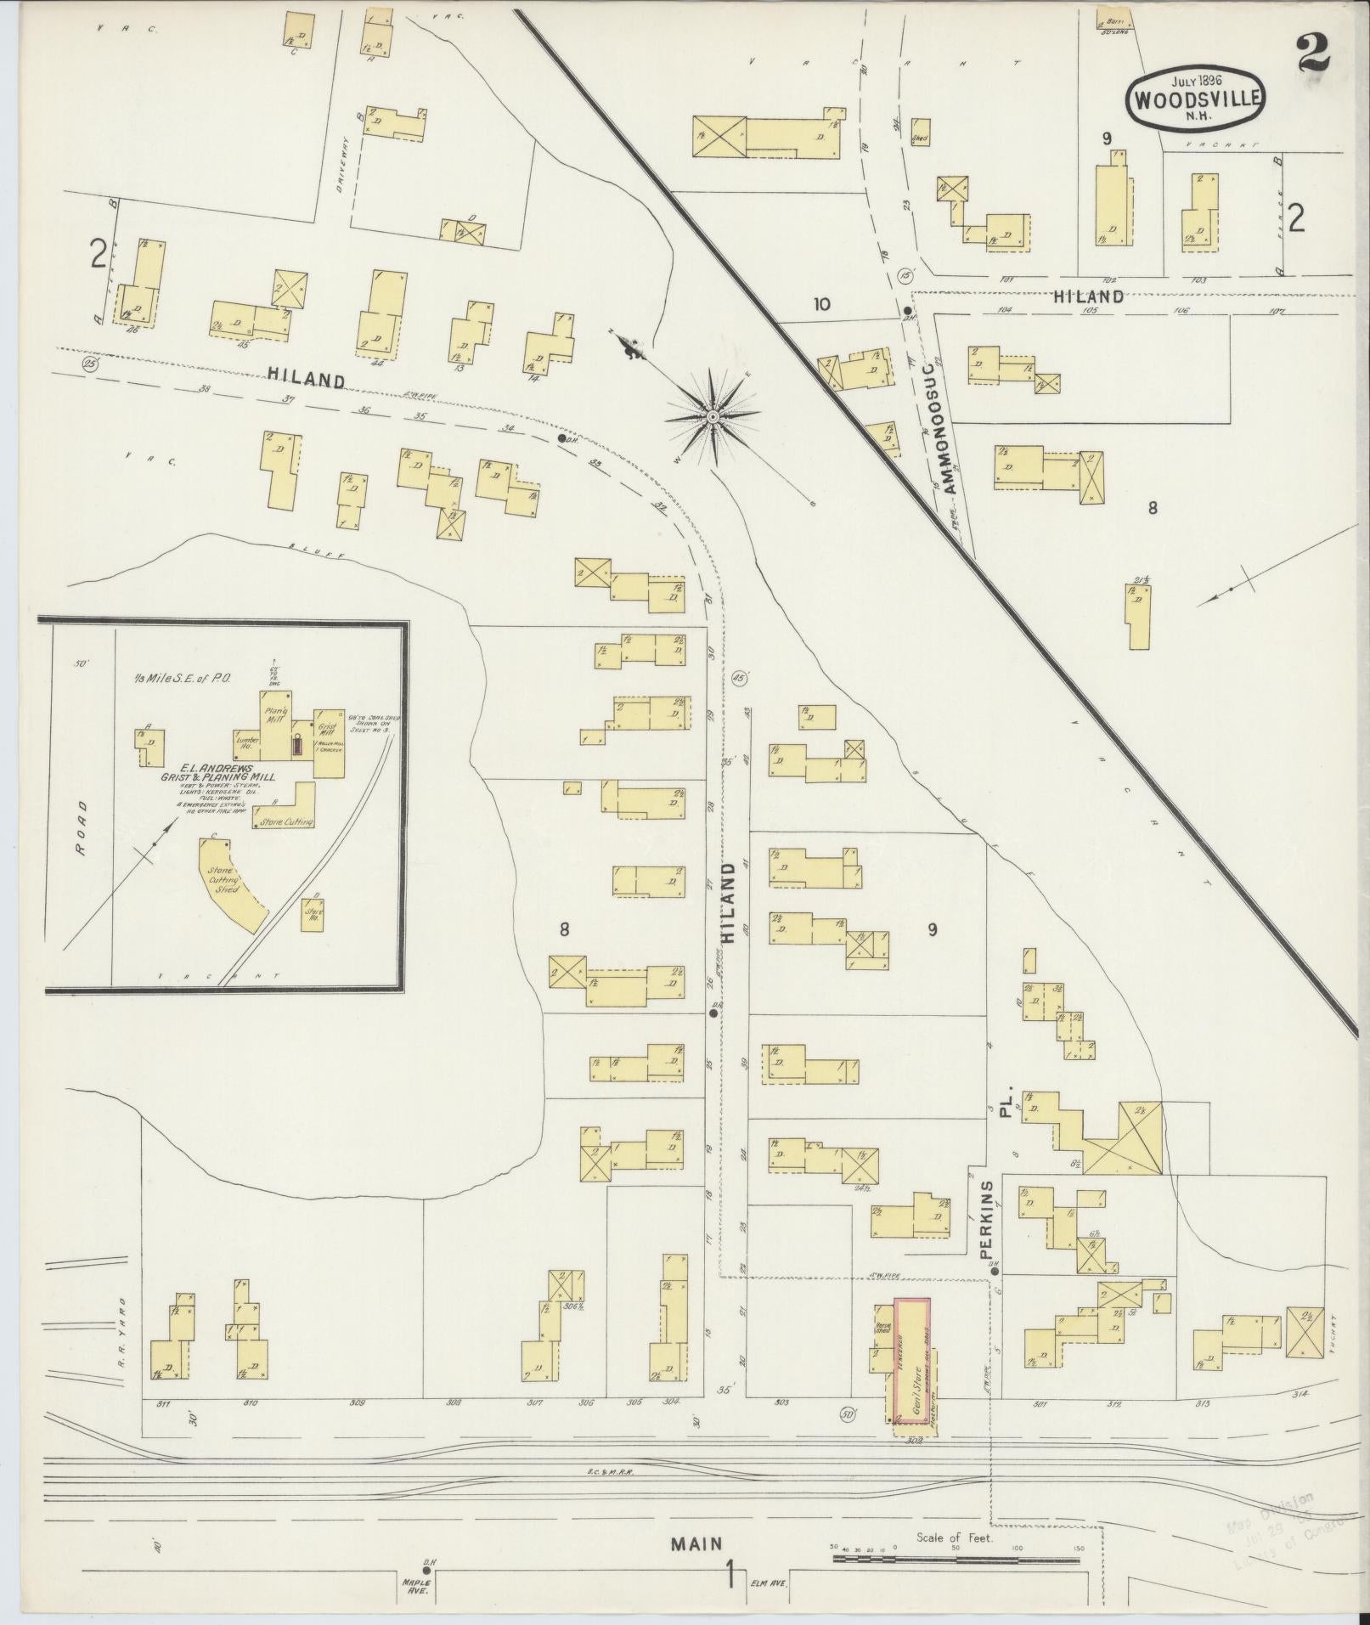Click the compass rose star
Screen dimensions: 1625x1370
click(713, 416)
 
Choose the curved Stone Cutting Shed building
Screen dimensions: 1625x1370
click(231, 883)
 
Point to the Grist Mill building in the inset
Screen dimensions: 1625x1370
click(328, 741)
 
